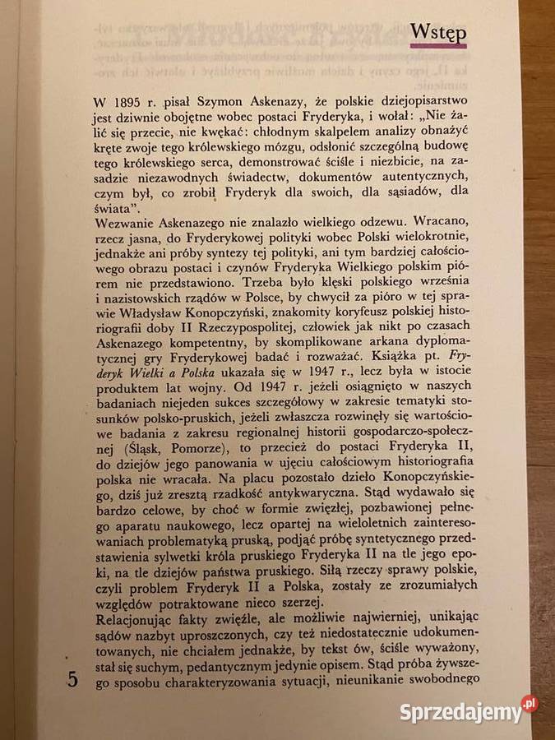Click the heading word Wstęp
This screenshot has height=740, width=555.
(438, 32)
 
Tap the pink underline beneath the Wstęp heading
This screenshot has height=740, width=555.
(438, 46)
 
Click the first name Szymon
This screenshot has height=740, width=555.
(244, 102)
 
